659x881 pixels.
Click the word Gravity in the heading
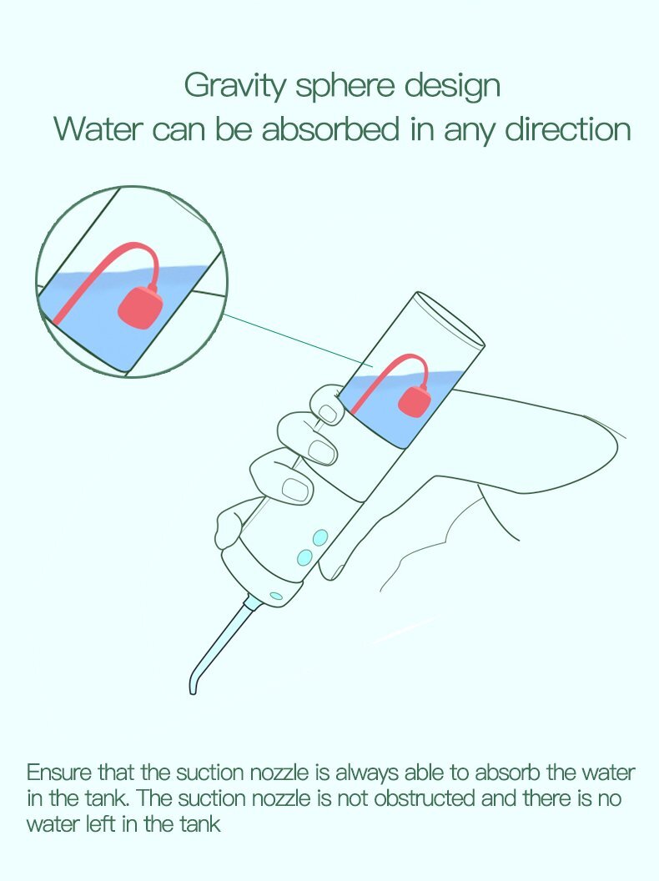tap(235, 86)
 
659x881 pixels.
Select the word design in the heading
tap(452, 86)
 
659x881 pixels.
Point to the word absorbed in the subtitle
tap(330, 128)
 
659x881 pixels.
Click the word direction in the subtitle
tap(568, 128)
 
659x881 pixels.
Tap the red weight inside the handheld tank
tap(415, 401)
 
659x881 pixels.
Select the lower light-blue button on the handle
tap(304, 557)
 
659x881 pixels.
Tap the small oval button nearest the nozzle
tap(276, 596)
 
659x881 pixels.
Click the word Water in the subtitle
tap(99, 128)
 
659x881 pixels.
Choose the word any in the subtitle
tap(470, 132)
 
